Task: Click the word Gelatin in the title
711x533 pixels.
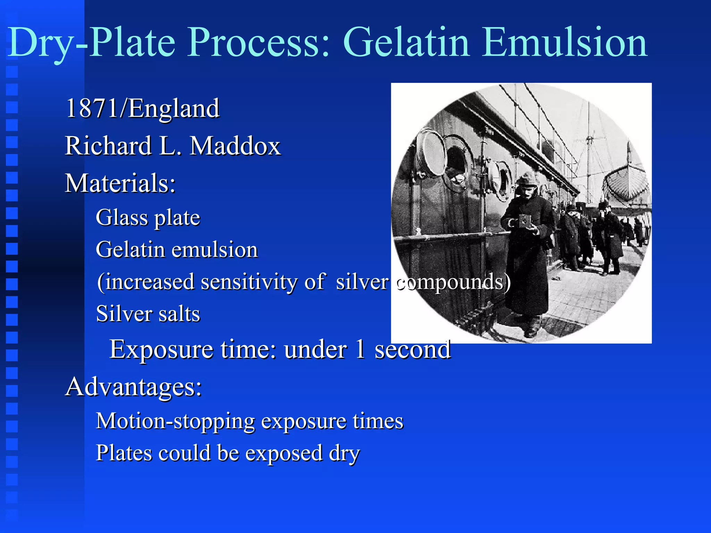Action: (x=406, y=42)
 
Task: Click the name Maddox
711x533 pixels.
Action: (x=235, y=146)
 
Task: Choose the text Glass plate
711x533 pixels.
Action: (x=148, y=218)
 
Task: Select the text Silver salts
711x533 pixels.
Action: (x=148, y=314)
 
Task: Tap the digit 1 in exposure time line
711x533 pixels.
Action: (x=360, y=349)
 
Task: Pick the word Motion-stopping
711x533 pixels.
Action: (x=175, y=421)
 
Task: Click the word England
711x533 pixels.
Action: (x=174, y=109)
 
